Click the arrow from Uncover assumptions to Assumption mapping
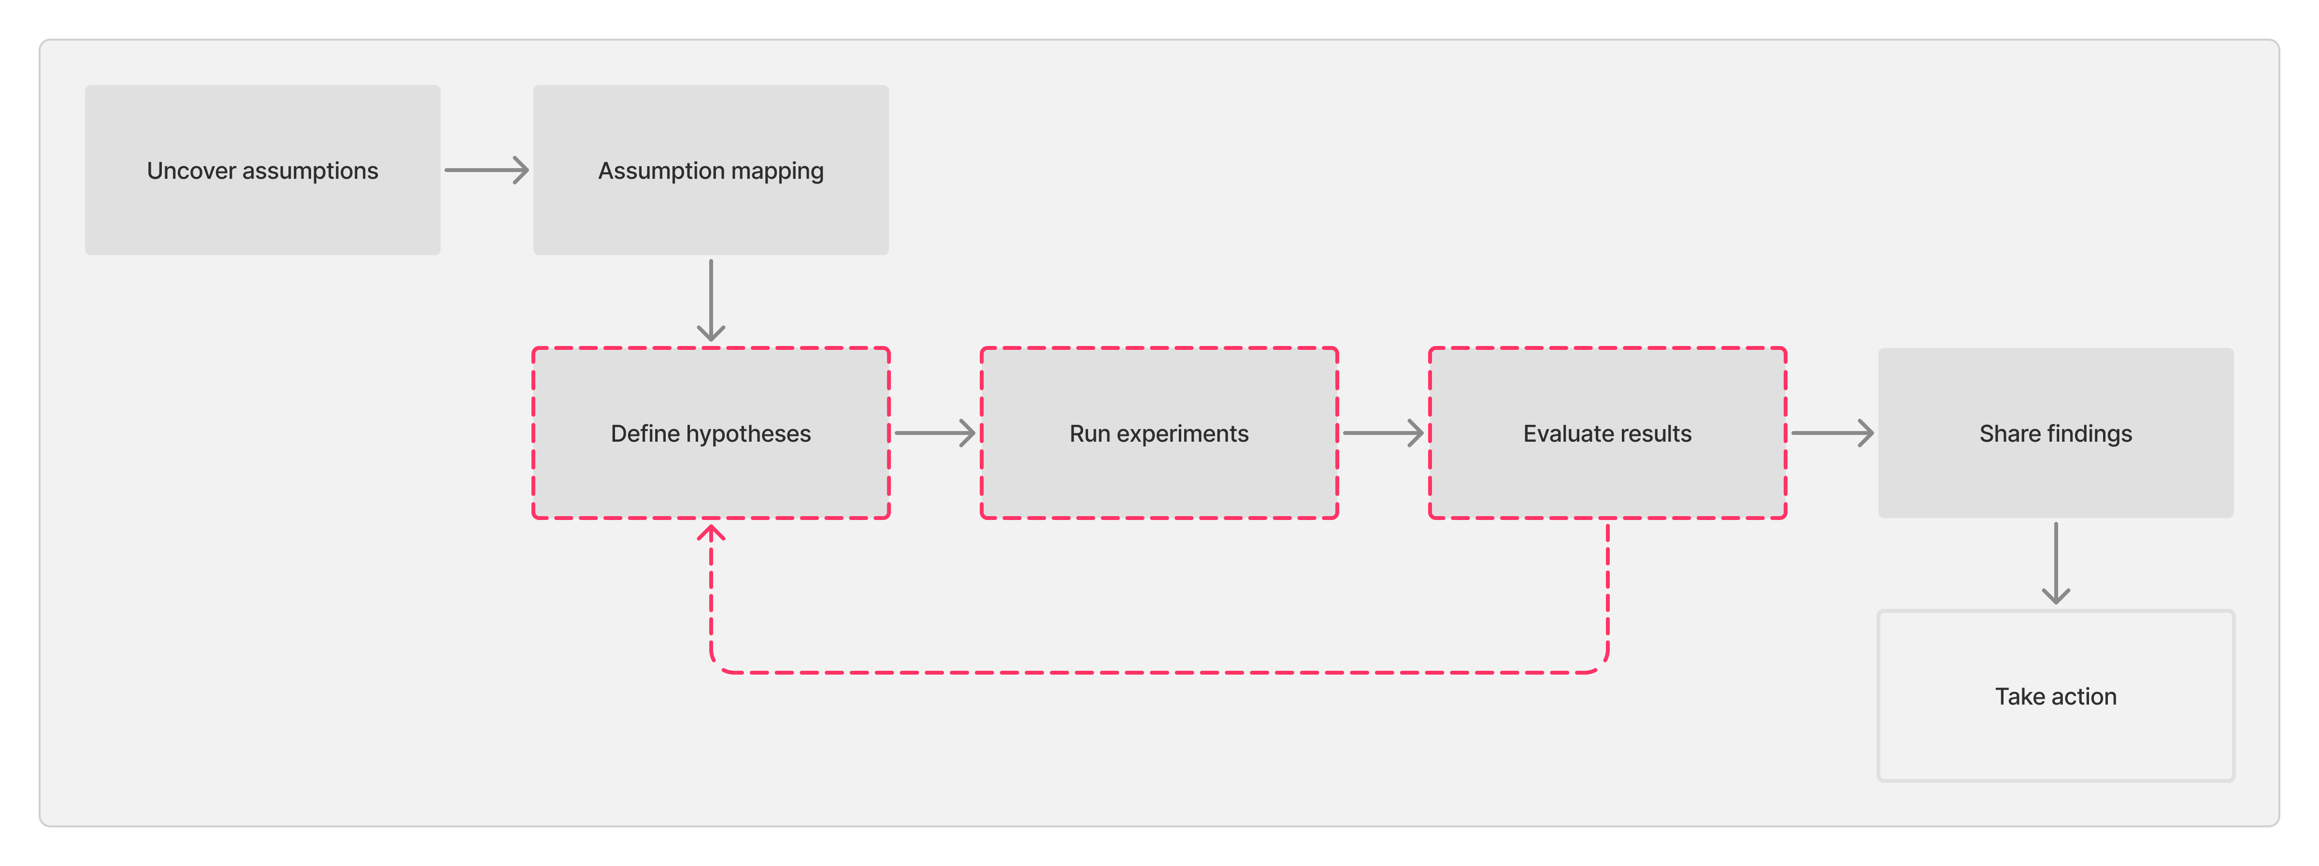tap(486, 170)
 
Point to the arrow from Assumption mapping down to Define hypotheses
tap(711, 300)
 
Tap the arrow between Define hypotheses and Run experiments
tap(934, 433)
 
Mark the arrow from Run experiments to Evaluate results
tap(1383, 433)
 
